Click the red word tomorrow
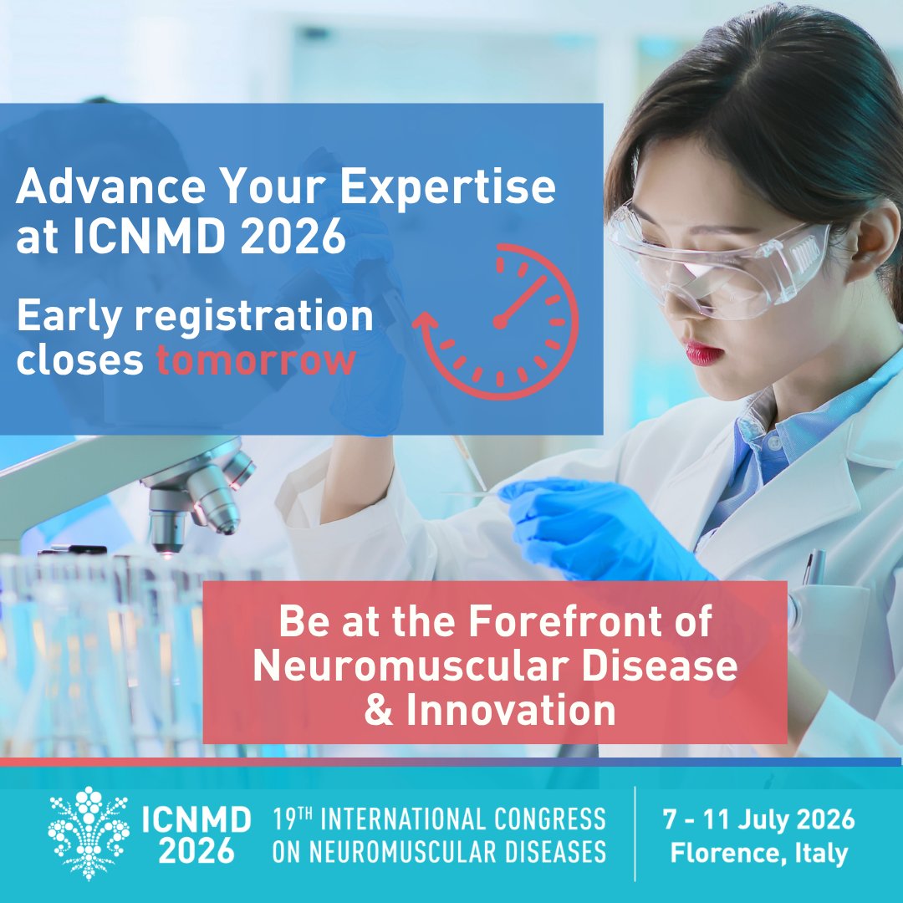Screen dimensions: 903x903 pos(256,360)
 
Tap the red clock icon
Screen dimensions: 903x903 pos(499,320)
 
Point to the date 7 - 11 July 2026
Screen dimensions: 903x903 pos(758,819)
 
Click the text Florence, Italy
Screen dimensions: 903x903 pos(758,853)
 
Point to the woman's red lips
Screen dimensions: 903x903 pos(703,353)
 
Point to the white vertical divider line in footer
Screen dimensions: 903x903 pos(635,834)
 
